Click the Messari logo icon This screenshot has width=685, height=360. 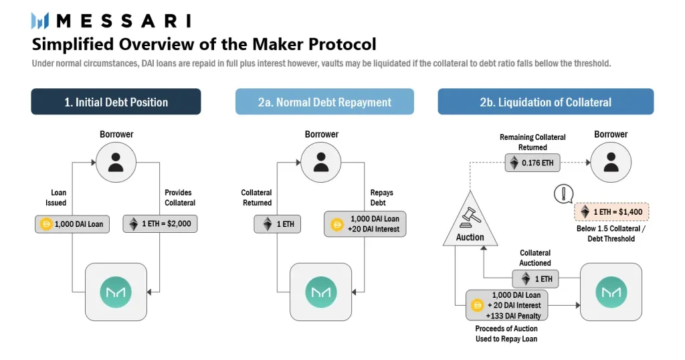click(x=41, y=21)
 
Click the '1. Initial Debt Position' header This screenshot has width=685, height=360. click(x=116, y=102)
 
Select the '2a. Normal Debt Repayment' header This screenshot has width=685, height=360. click(x=324, y=102)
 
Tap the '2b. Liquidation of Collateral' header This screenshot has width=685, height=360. click(x=545, y=102)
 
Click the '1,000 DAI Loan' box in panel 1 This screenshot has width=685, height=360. click(x=73, y=223)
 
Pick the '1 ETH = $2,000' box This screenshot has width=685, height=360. click(x=160, y=223)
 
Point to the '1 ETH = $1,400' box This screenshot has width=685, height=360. click(x=611, y=212)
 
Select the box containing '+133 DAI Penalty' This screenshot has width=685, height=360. click(x=508, y=305)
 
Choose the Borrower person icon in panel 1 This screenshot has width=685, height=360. click(x=116, y=163)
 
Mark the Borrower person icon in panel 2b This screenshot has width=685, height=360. click(x=610, y=163)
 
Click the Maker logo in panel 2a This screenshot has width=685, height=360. click(x=321, y=292)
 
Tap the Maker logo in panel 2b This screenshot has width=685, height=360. click(x=610, y=292)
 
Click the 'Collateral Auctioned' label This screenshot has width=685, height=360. click(x=535, y=258)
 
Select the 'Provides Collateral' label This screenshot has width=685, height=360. click(x=180, y=197)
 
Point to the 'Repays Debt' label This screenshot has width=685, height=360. click(x=382, y=197)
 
